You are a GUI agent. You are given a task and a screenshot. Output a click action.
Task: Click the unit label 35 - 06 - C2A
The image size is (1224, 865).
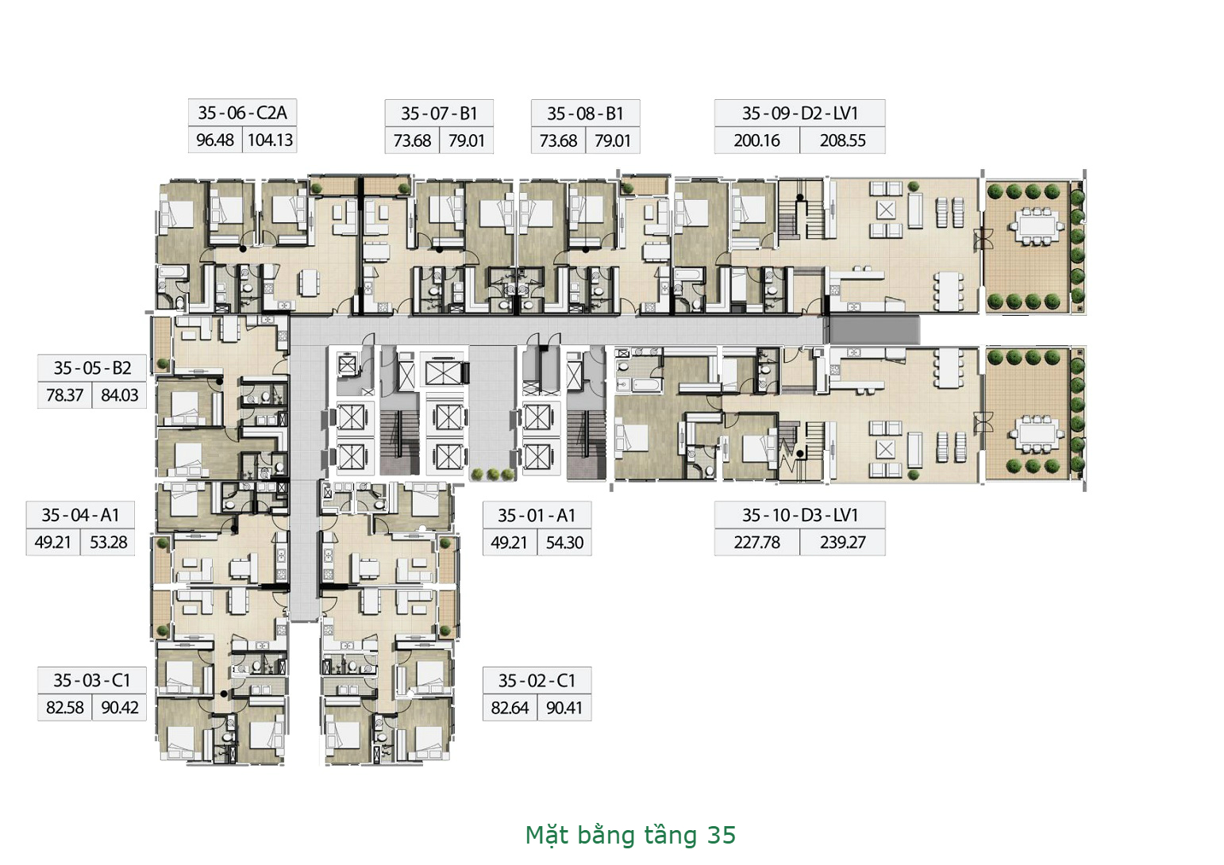pos(242,113)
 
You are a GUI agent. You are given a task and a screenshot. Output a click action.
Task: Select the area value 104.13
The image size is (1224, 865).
pos(270,140)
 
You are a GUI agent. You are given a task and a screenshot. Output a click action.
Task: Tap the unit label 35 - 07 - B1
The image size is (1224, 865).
pos(439,113)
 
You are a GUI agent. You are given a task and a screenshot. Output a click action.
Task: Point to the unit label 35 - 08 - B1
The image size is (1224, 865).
pos(585,113)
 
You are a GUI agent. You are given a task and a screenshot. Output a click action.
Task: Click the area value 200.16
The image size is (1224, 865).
pos(756,141)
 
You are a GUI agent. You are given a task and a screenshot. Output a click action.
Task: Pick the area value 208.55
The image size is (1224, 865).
pos(843,141)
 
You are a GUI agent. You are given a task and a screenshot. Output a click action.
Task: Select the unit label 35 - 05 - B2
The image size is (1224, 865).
pos(92,368)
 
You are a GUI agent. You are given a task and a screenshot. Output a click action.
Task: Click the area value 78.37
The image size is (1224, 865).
pos(64,395)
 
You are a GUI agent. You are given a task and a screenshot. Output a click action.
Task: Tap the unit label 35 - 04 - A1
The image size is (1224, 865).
pos(80,515)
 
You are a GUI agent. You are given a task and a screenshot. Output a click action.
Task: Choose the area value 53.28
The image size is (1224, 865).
pos(108,543)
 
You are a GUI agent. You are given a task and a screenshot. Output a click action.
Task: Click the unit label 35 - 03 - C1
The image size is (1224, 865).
pos(92,681)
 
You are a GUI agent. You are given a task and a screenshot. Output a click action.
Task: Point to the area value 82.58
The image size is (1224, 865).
pos(64,708)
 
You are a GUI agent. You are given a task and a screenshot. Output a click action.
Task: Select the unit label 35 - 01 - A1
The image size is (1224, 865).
pos(537,515)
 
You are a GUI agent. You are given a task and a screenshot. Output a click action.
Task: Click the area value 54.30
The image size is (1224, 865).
pos(564,543)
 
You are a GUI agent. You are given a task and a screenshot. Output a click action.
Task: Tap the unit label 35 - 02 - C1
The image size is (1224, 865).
pos(537,681)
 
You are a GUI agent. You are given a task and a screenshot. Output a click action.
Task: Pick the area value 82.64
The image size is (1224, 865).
pos(510,708)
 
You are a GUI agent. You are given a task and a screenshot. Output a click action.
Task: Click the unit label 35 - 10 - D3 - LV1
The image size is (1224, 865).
pos(800,515)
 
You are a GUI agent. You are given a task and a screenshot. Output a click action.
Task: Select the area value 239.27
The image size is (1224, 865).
pos(843,543)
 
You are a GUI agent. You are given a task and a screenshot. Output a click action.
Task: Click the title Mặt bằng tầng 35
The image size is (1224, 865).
pos(630,836)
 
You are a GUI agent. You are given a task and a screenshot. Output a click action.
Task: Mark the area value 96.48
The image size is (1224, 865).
pos(215,140)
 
